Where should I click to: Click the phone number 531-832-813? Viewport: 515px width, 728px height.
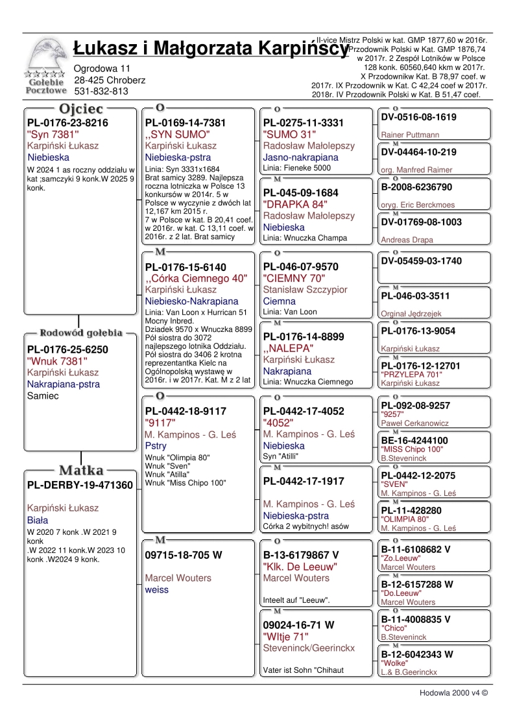coord(101,91)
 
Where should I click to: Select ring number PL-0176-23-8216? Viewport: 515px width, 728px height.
coord(67,123)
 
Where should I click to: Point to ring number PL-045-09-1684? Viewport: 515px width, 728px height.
coord(301,193)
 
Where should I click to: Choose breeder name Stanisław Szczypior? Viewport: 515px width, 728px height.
coord(305,290)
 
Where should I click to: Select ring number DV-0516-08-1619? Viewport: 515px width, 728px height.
coord(419,117)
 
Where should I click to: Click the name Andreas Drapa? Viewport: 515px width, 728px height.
coord(407,240)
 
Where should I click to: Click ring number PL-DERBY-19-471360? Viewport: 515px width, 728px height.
coord(80,485)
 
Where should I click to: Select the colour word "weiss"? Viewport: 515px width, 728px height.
coord(157,589)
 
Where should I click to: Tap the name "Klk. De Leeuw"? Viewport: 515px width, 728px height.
coord(300,567)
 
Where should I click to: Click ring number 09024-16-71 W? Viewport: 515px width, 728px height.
coord(298,626)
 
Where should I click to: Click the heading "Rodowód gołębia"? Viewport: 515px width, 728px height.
coord(81,333)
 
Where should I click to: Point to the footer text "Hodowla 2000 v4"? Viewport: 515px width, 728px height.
coord(453,692)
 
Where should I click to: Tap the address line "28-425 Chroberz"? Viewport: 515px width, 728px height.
coord(109,80)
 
